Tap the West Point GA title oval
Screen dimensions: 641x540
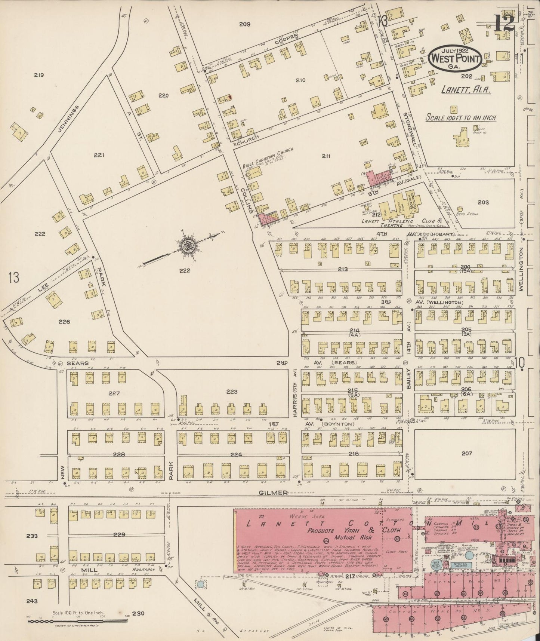[454, 58]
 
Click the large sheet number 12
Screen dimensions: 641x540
[504, 23]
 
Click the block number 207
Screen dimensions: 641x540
[467, 453]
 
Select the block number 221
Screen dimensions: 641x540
[99, 155]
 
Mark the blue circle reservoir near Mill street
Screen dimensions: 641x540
[201, 584]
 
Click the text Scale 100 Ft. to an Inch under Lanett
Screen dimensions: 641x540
[461, 117]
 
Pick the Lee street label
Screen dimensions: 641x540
[42, 288]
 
